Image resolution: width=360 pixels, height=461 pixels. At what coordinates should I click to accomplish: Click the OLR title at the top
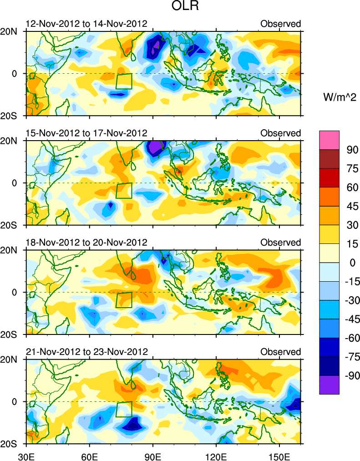pos(180,7)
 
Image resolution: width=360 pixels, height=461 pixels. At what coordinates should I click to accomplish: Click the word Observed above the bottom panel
pos(280,352)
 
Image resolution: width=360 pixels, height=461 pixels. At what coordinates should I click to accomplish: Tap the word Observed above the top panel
pos(280,24)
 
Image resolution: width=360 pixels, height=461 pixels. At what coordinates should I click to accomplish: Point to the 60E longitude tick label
pos(90,454)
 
